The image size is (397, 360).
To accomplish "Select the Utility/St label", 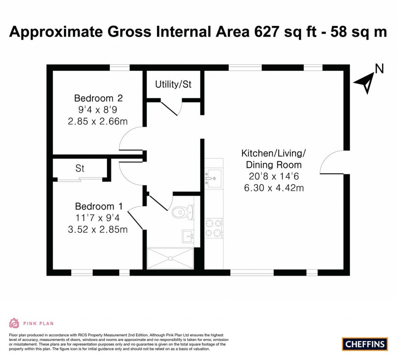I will (x=173, y=84).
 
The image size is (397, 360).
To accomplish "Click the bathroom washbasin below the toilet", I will (x=188, y=235).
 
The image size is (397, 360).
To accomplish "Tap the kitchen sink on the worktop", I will (x=214, y=178).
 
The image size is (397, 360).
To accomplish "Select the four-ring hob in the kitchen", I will (x=214, y=228).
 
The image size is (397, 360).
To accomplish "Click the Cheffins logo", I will (x=365, y=344).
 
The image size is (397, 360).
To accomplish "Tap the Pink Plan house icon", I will (x=14, y=323).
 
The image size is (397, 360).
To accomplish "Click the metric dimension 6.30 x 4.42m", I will (x=274, y=189).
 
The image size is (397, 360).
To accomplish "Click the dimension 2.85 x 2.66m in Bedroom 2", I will (x=97, y=121).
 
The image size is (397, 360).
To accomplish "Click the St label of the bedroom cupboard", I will (x=80, y=169).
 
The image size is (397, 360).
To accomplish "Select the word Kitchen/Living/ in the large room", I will (x=274, y=153).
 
